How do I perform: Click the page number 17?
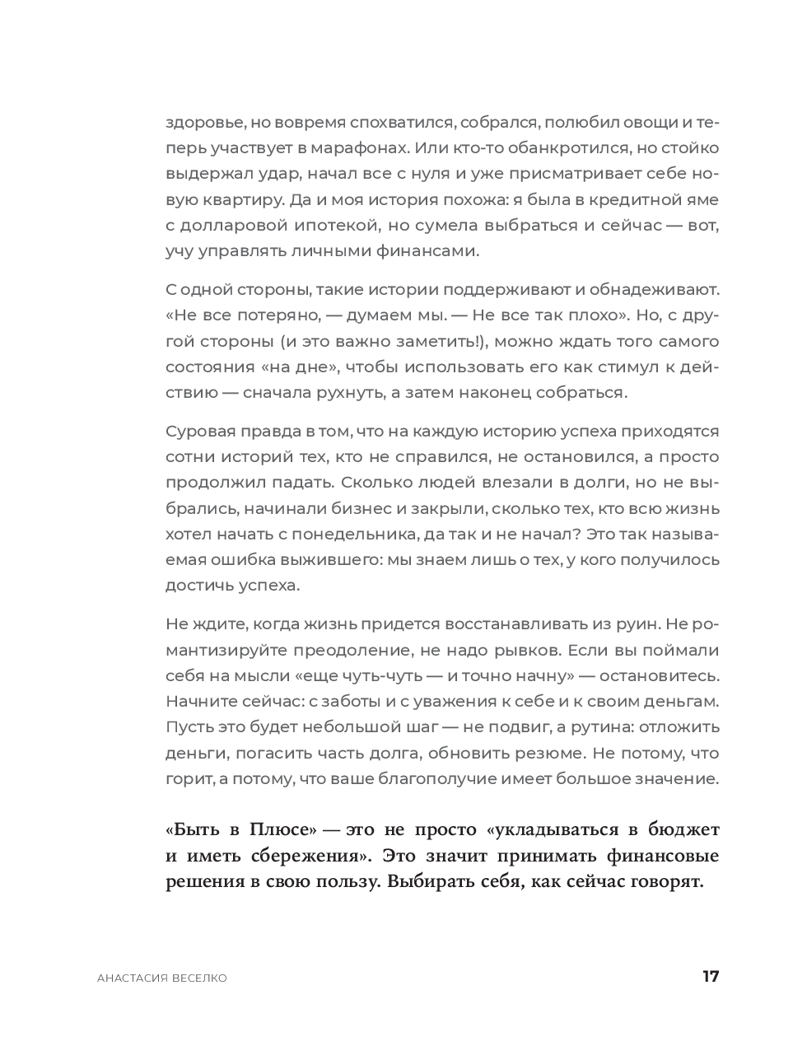(711, 977)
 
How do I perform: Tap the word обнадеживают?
(654, 290)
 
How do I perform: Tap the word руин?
(631, 624)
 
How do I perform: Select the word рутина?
(605, 727)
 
